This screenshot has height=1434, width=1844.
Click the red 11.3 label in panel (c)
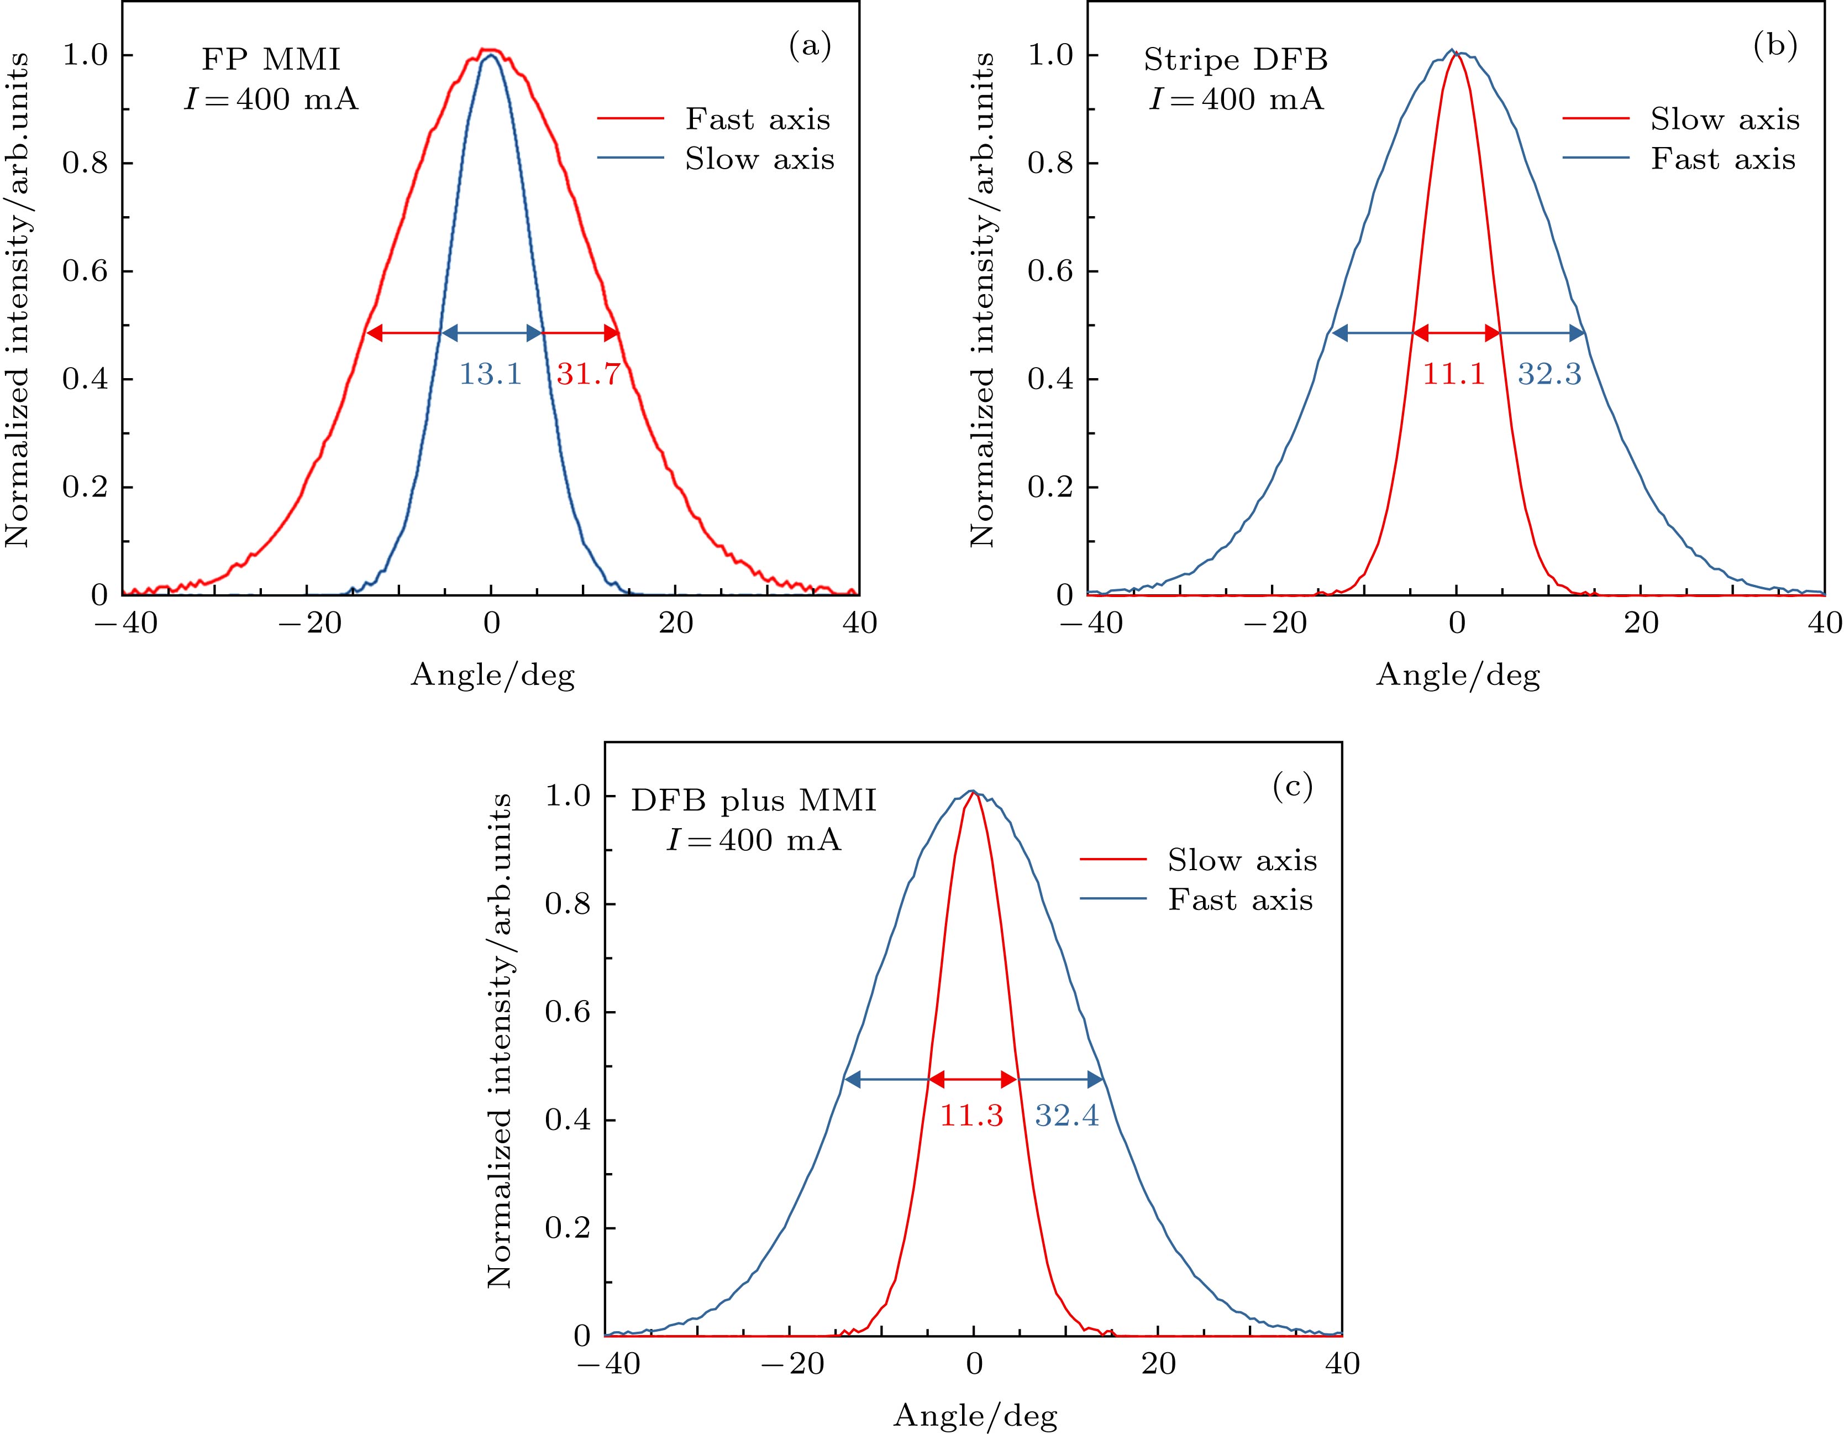(x=972, y=1116)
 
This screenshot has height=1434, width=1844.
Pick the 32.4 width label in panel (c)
(x=1067, y=1116)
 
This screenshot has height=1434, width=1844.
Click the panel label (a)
(x=810, y=46)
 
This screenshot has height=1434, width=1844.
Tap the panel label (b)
(x=1775, y=46)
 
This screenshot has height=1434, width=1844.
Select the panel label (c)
(x=1293, y=787)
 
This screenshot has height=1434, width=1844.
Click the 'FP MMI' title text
(x=271, y=60)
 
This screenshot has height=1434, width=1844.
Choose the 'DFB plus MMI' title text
(x=754, y=800)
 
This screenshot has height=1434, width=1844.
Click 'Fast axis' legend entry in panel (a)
(x=758, y=119)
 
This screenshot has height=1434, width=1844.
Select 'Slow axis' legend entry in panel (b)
(x=1725, y=119)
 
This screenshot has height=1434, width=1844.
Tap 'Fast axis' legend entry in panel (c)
(x=1241, y=901)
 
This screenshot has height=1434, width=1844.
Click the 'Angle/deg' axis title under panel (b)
(x=1458, y=675)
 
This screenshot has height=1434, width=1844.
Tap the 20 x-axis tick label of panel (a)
(x=675, y=623)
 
